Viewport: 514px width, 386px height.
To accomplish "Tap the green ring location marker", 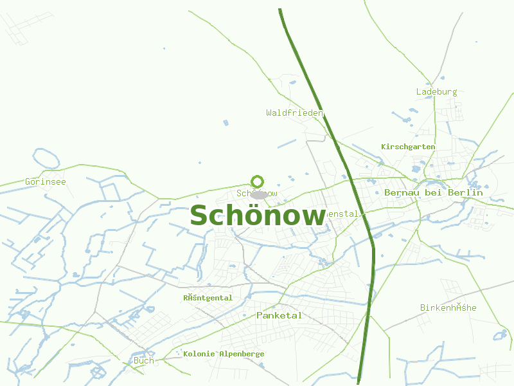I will [258, 181].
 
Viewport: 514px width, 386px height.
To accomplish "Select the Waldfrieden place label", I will [294, 113].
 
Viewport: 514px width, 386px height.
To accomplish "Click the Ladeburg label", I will [436, 91].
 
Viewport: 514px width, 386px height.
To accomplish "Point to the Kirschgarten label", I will [408, 147].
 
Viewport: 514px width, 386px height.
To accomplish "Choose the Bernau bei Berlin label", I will [433, 192].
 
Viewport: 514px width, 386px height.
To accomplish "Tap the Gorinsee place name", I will [46, 181].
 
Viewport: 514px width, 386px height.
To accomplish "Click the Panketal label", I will [279, 315].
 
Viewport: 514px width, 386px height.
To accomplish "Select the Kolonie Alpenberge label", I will [224, 354].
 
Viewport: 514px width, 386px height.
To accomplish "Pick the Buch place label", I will [143, 360].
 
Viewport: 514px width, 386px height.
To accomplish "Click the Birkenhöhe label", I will [448, 308].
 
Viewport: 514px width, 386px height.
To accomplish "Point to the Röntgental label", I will [208, 298].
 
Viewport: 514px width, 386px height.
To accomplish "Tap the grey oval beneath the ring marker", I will [258, 194].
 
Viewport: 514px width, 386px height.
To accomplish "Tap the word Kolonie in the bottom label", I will [199, 354].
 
